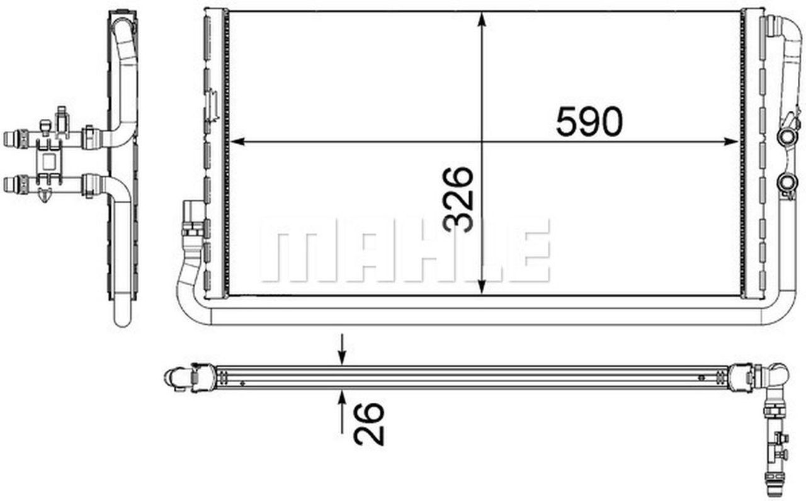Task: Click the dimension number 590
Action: [x=589, y=122]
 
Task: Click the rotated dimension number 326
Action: [x=458, y=200]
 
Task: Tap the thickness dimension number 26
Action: [x=369, y=424]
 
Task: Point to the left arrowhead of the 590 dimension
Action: [x=237, y=142]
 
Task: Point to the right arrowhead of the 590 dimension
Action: [x=731, y=142]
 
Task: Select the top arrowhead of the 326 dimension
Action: [x=482, y=19]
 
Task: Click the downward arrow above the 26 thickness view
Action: [x=342, y=349]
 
